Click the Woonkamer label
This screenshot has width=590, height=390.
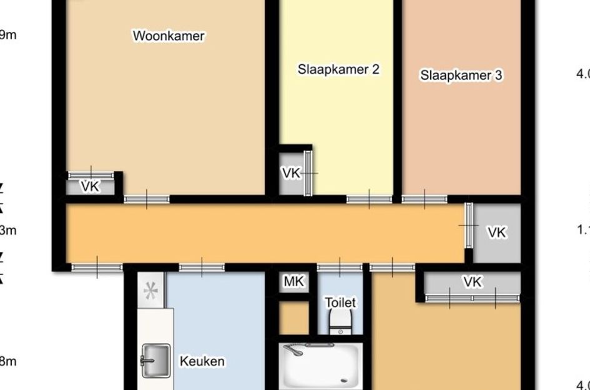click(169, 36)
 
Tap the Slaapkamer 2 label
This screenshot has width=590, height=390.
click(338, 69)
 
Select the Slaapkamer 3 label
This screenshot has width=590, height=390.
click(461, 76)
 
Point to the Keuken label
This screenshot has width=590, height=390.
click(202, 361)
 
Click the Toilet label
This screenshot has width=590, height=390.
click(340, 303)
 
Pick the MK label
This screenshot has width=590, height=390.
click(293, 281)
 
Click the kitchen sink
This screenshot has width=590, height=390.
click(155, 361)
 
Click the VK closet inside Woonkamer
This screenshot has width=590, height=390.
click(91, 186)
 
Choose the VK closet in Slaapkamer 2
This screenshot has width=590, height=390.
click(291, 173)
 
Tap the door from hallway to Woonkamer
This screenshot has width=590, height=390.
click(147, 199)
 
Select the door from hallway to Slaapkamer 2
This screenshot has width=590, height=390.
click(369, 199)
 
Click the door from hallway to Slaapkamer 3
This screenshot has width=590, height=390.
click(424, 199)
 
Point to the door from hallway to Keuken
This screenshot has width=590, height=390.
click(202, 268)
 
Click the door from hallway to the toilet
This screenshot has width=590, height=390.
click(340, 268)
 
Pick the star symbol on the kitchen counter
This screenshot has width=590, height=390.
click(150, 291)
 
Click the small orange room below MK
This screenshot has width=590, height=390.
click(293, 318)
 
